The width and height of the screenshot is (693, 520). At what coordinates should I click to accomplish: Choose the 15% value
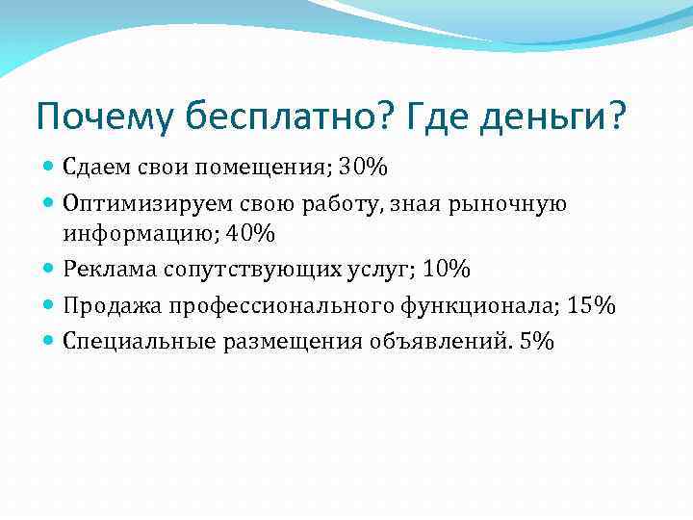tap(592, 305)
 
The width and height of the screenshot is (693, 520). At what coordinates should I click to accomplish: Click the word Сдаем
tap(94, 169)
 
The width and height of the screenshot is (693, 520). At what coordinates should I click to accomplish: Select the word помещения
tap(253, 169)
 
